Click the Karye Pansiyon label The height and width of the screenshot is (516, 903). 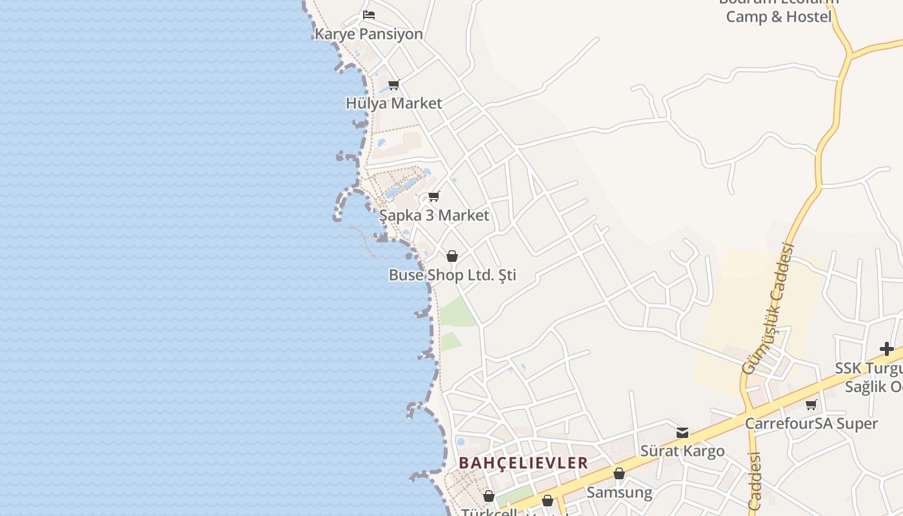pyautogui.click(x=368, y=34)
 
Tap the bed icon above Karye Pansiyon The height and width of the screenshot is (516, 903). pyautogui.click(x=369, y=14)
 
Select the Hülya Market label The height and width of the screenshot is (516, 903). pyautogui.click(x=393, y=103)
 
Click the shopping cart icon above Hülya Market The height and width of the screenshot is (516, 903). pyautogui.click(x=394, y=84)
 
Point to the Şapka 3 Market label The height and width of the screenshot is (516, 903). pyautogui.click(x=434, y=215)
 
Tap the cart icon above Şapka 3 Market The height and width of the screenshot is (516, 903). pyautogui.click(x=434, y=196)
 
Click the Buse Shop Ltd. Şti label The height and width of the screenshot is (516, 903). pyautogui.click(x=452, y=275)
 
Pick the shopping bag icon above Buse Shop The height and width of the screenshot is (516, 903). pyautogui.click(x=452, y=256)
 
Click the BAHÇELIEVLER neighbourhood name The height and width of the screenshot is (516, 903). pyautogui.click(x=523, y=463)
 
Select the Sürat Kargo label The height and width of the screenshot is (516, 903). pyautogui.click(x=682, y=451)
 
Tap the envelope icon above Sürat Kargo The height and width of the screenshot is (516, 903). pyautogui.click(x=682, y=432)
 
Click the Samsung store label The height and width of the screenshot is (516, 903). pyautogui.click(x=619, y=493)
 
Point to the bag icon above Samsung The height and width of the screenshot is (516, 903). pyautogui.click(x=619, y=473)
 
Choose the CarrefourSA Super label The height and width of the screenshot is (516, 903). pyautogui.click(x=811, y=424)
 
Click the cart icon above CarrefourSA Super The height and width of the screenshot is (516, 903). pyautogui.click(x=811, y=404)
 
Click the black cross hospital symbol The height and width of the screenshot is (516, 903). pyautogui.click(x=887, y=349)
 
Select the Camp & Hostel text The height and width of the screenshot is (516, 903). pyautogui.click(x=779, y=17)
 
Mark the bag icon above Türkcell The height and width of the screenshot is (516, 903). pyautogui.click(x=489, y=496)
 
